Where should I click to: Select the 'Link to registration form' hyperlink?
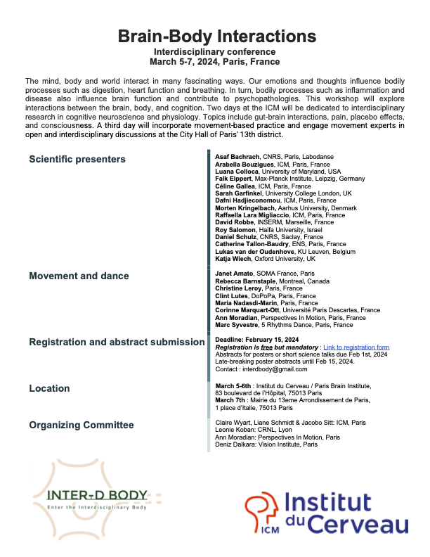[x=356, y=347]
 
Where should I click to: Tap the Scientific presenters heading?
[x=77, y=159]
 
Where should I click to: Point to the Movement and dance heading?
[x=79, y=276]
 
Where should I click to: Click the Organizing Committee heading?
[x=81, y=425]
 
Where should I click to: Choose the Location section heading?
[x=49, y=388]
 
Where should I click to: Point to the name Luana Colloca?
[x=237, y=172]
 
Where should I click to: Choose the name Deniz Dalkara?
[x=235, y=444]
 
